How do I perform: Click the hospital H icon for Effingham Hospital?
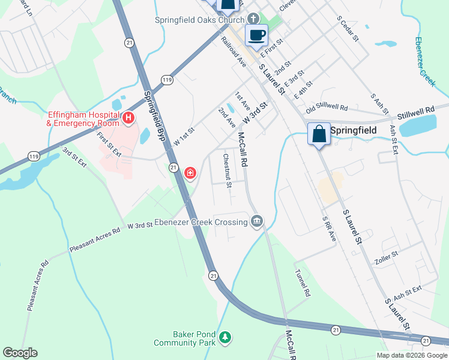coord(128,118)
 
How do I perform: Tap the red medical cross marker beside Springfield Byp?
coord(190,173)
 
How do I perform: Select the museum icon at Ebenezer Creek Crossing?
coord(257,222)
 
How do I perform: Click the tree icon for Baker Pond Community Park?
coord(225,338)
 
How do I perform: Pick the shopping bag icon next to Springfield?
coord(319,134)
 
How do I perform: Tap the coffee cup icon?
coord(256,35)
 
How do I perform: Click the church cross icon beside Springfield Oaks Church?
coord(254,19)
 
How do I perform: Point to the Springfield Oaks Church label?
coord(199,19)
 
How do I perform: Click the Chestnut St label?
coord(228,170)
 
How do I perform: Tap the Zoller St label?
coord(387,255)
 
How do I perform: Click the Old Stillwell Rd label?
coord(327,107)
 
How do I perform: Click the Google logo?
coord(20,353)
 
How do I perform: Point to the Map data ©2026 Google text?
coord(411,355)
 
